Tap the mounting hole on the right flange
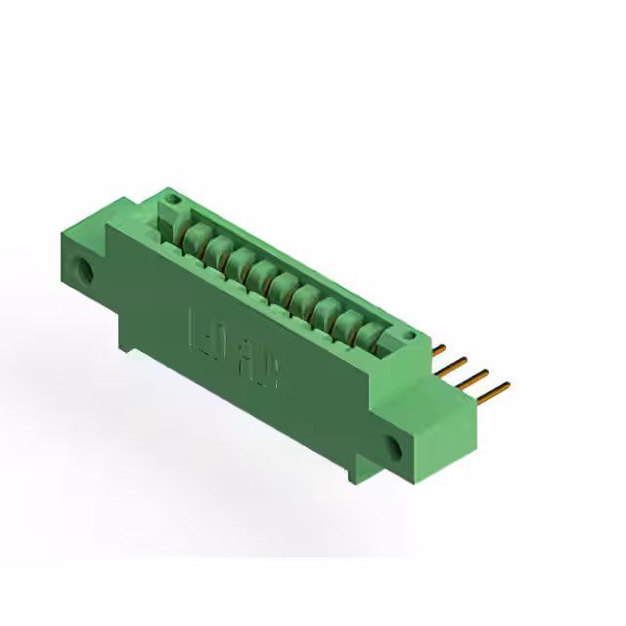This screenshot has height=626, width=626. tap(397, 448)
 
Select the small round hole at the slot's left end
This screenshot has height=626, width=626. tap(172, 206)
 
